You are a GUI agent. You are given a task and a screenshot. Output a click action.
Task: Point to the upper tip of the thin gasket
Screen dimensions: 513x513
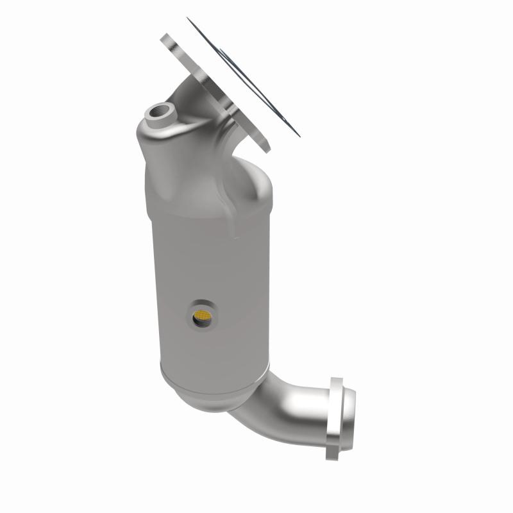190,20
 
